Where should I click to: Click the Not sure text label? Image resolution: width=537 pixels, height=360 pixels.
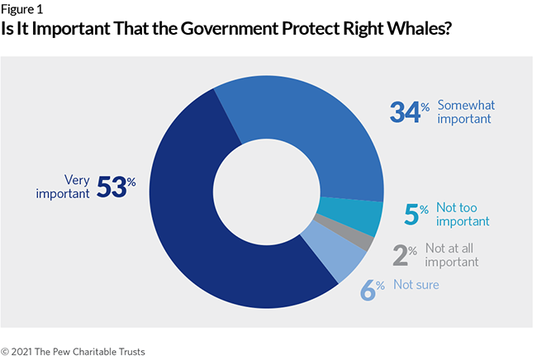coord(416,285)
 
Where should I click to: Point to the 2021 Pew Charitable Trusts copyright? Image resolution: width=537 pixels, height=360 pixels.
coord(73,351)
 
